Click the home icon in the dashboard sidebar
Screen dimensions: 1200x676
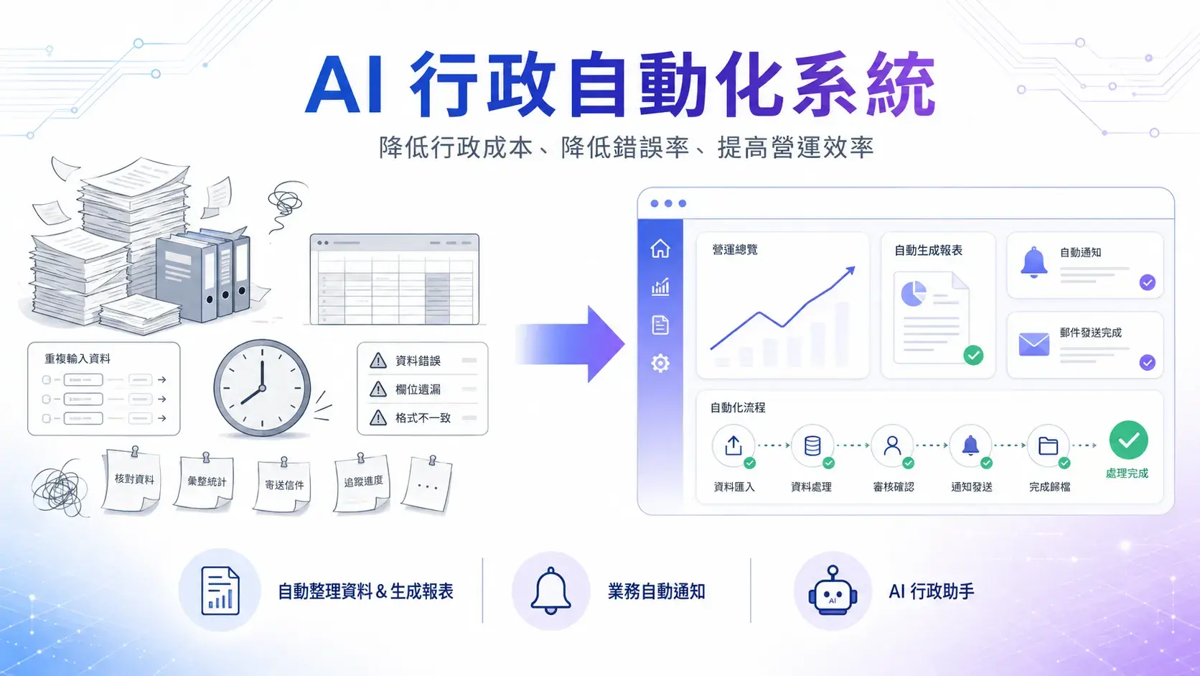tap(660, 249)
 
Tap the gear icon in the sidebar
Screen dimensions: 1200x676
tap(660, 363)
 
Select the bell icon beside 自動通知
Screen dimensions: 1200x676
tap(1033, 263)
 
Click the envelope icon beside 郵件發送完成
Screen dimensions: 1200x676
tap(1034, 344)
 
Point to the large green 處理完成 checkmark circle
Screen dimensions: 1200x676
tap(1128, 440)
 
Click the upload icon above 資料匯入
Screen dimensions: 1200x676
tap(733, 445)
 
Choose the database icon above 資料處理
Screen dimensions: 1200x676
tap(812, 445)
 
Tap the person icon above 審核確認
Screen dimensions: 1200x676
tap(892, 445)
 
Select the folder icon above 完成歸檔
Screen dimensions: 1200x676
tap(1048, 445)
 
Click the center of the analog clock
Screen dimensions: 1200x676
tap(262, 388)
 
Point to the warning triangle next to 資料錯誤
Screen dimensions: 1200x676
tap(378, 361)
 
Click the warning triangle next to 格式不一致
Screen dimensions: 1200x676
tap(378, 417)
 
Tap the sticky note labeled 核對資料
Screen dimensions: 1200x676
tap(132, 481)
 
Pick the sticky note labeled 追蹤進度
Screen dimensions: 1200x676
tap(362, 483)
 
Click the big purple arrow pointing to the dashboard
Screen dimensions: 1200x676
tap(570, 344)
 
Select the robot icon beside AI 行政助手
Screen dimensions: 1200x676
tap(833, 591)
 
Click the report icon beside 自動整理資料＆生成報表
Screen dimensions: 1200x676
tap(220, 591)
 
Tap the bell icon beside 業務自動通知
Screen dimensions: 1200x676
tap(550, 591)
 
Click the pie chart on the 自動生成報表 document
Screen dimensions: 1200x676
tap(914, 294)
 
